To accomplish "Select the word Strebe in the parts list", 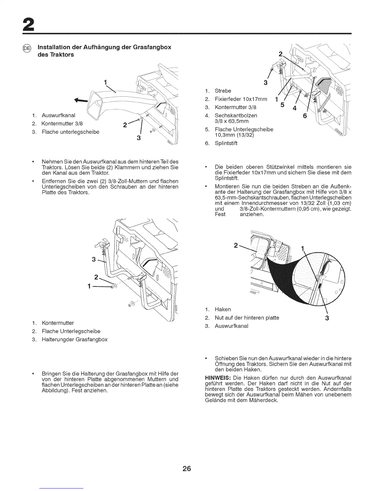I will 223,91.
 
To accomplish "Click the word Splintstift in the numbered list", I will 226,143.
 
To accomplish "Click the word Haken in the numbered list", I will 223,309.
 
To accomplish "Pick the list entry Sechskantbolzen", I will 236,115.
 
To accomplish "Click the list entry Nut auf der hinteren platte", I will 247,318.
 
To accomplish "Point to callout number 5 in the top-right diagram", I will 282,105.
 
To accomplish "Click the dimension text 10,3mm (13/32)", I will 236,135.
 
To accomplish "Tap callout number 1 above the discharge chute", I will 106,82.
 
